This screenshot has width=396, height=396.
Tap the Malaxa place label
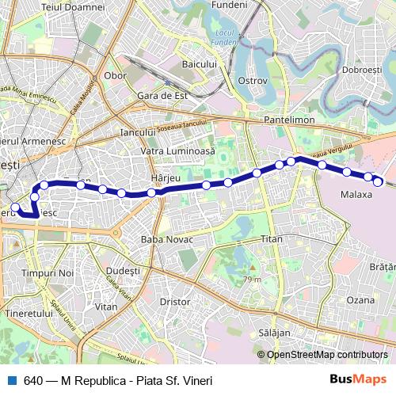click(356, 194)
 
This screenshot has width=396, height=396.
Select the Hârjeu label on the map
click(166, 177)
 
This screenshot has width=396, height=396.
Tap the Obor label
click(116, 76)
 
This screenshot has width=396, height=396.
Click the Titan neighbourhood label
click(272, 238)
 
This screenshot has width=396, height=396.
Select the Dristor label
click(175, 301)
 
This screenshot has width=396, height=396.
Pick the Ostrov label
click(252, 81)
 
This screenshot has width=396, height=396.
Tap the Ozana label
click(360, 300)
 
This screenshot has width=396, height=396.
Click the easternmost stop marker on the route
click(379, 182)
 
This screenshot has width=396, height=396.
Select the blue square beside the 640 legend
click(11, 380)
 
